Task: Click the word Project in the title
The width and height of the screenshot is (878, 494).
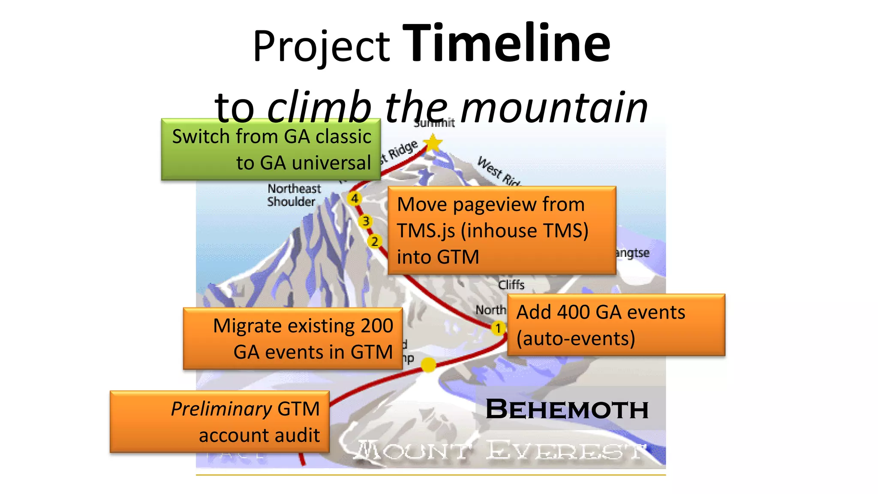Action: coord(321,46)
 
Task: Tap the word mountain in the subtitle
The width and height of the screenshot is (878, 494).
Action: coord(554,107)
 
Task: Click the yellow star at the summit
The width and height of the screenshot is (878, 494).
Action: coord(433,142)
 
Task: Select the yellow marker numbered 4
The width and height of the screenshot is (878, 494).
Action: coord(355,199)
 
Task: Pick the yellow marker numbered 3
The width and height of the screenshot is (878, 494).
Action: coord(366,221)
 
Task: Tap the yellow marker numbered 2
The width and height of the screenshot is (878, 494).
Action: coord(375,241)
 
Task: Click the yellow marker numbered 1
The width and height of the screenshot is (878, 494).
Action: coord(498,328)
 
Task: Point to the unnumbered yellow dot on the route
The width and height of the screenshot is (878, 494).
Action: coord(428,365)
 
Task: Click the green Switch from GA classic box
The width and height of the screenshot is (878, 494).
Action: coord(271,149)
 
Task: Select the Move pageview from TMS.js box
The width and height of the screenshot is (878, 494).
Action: coord(502,230)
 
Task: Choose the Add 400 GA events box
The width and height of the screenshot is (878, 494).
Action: coord(616,325)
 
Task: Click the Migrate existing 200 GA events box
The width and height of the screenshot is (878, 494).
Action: coord(292,338)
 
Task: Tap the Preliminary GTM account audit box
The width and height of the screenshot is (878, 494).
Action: coord(219,422)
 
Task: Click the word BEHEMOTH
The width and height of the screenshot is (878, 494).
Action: coord(567,409)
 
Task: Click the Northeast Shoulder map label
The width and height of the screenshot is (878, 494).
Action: coord(294,195)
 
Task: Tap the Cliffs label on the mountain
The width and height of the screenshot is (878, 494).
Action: coord(511,285)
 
